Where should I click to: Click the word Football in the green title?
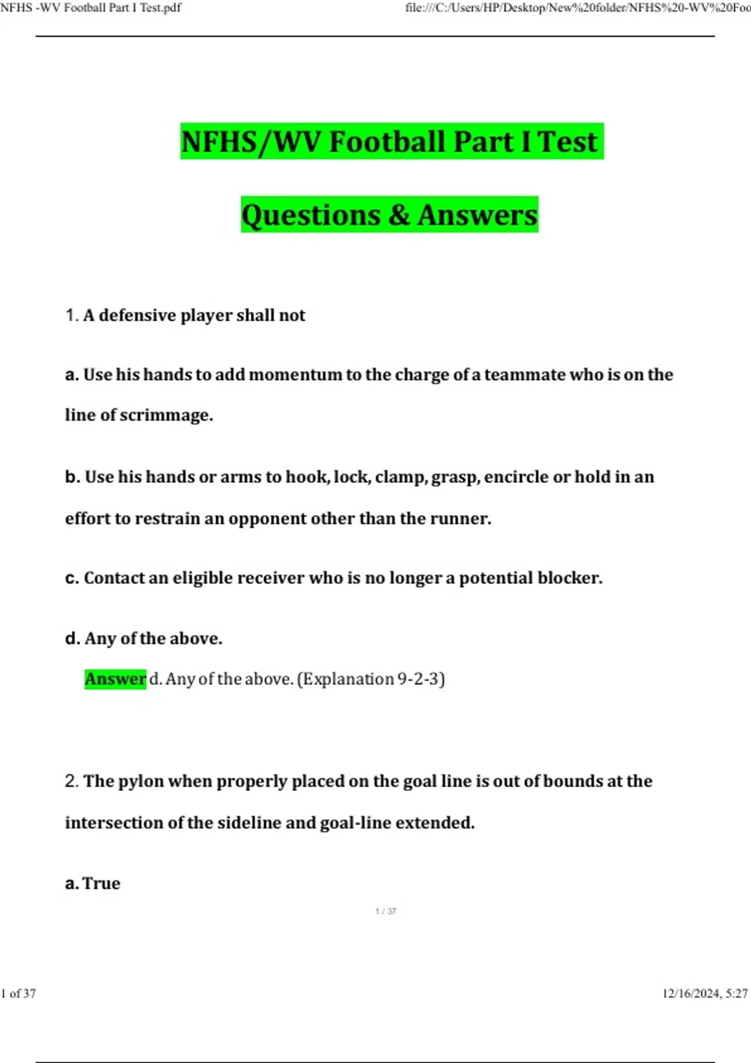388,141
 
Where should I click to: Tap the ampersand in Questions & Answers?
399,214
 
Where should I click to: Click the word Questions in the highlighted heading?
310,214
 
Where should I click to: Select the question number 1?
71,315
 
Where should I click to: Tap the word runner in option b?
460,518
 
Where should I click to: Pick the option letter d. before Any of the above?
73,638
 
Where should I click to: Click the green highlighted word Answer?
115,679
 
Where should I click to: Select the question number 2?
71,781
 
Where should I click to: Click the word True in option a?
101,883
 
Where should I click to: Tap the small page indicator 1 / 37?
386,911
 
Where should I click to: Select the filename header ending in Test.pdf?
91,8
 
